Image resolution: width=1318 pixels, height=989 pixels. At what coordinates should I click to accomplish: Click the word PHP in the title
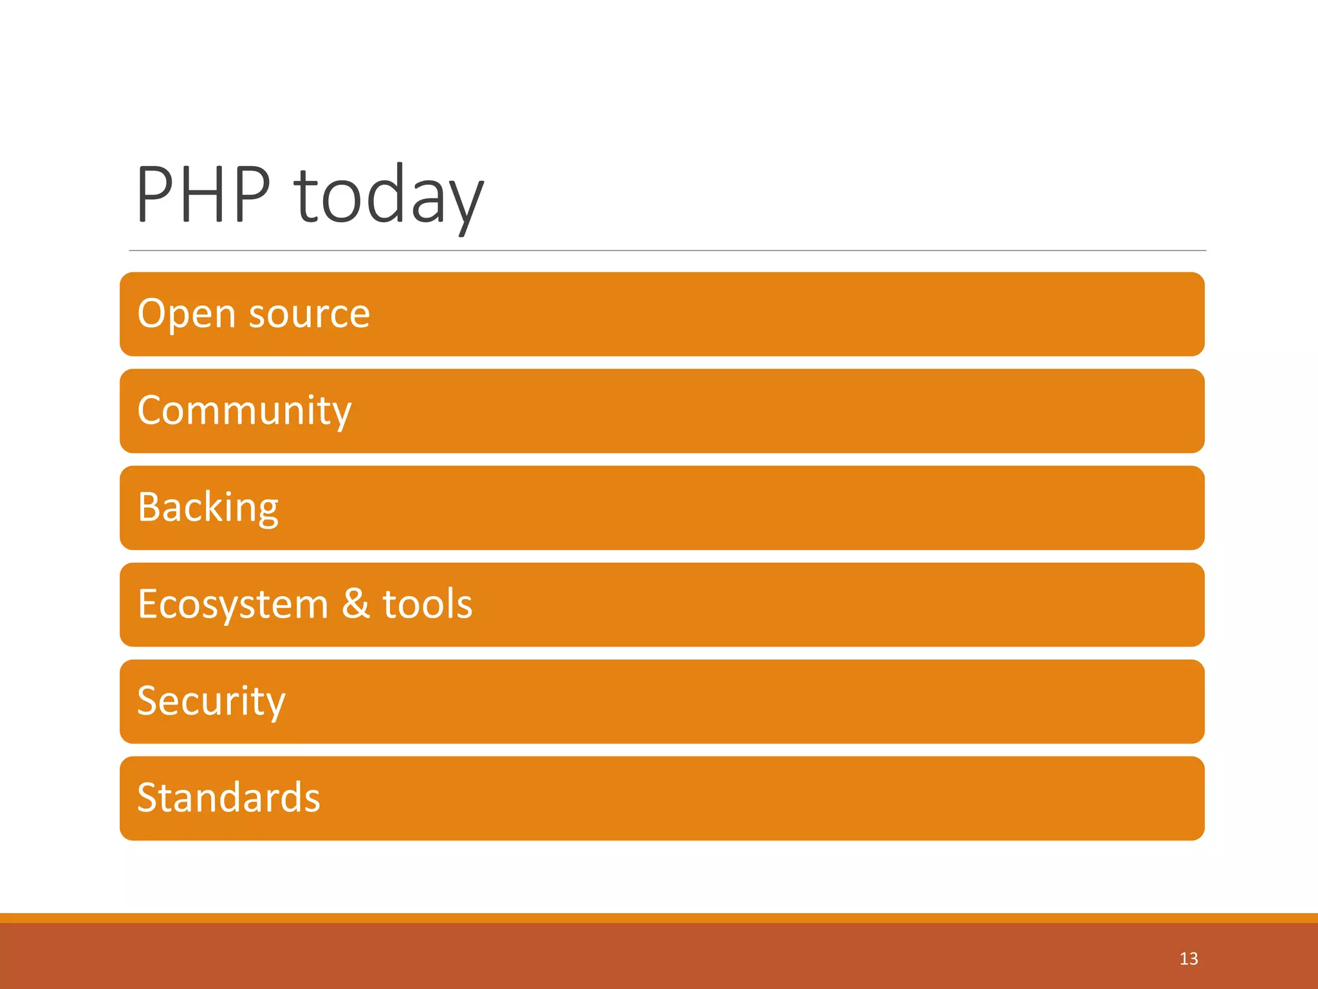(203, 194)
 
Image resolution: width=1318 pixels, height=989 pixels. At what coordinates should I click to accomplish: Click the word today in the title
(389, 194)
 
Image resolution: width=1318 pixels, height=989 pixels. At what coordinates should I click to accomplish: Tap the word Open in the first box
(187, 314)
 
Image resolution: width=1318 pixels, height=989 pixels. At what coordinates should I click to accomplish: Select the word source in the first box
(309, 314)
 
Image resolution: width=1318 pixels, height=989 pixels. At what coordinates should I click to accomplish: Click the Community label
(245, 411)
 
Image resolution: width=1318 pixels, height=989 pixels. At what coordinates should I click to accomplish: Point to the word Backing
(208, 507)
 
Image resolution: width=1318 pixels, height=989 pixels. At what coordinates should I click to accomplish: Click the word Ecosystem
(233, 605)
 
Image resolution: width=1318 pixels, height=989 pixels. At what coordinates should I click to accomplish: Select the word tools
(427, 605)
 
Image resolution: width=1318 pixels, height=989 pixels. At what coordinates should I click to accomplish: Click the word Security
(211, 701)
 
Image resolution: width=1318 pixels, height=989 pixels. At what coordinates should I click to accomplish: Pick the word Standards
(228, 798)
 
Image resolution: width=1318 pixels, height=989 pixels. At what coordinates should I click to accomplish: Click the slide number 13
(1189, 959)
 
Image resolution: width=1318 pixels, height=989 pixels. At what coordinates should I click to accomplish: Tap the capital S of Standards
(148, 798)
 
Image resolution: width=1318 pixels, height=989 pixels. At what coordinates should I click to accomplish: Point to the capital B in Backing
(150, 507)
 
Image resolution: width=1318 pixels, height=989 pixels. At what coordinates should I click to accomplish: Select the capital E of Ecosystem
(148, 604)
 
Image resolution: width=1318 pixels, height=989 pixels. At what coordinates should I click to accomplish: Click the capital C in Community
(152, 410)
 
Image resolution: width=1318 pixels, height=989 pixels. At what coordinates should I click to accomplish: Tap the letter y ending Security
(275, 706)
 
